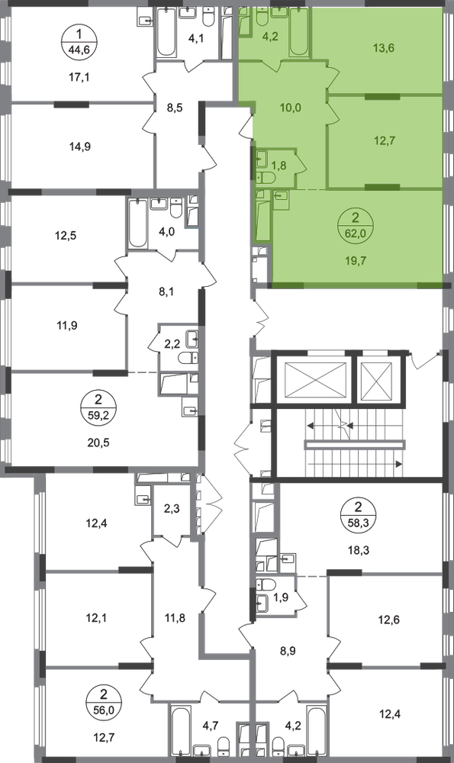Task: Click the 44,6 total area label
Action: click(x=80, y=50)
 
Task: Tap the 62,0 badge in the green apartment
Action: click(x=356, y=233)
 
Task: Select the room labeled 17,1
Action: click(x=80, y=77)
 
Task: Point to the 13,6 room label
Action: click(x=384, y=47)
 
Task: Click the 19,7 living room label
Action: click(x=356, y=261)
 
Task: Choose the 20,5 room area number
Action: click(x=98, y=443)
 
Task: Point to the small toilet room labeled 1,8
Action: click(x=279, y=166)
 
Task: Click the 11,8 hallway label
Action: click(x=175, y=619)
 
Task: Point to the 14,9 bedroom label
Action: click(x=80, y=146)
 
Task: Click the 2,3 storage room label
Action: click(x=171, y=509)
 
